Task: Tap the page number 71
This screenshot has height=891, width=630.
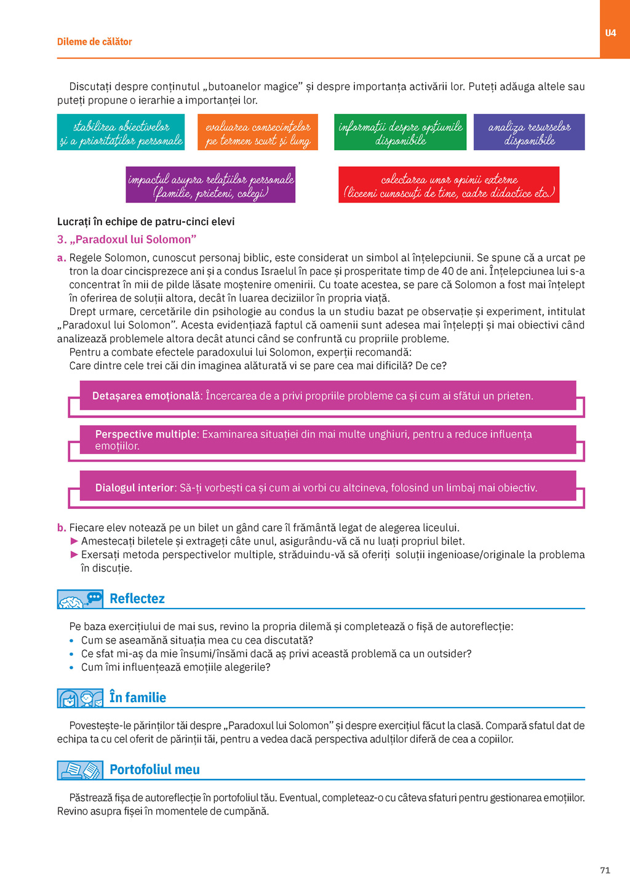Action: point(605,870)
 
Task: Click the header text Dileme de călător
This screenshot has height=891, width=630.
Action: point(94,42)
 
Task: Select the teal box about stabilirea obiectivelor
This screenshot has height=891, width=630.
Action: point(121,132)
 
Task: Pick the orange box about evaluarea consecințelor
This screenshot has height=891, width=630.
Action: point(258,132)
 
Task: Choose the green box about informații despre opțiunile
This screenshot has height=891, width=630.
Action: point(400,132)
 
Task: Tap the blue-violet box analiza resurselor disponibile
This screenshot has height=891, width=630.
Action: point(529,132)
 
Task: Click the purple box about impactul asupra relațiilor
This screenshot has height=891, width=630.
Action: point(210,185)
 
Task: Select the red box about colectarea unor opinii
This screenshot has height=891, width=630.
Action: point(449,185)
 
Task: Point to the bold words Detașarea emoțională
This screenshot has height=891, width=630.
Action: point(146,396)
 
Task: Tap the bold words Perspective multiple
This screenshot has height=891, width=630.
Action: point(146,434)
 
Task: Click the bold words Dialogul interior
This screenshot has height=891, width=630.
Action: point(135,488)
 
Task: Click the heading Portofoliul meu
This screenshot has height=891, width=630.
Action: point(154,770)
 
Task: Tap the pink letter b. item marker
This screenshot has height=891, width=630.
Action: point(62,528)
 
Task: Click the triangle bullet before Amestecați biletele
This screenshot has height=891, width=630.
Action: point(74,541)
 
